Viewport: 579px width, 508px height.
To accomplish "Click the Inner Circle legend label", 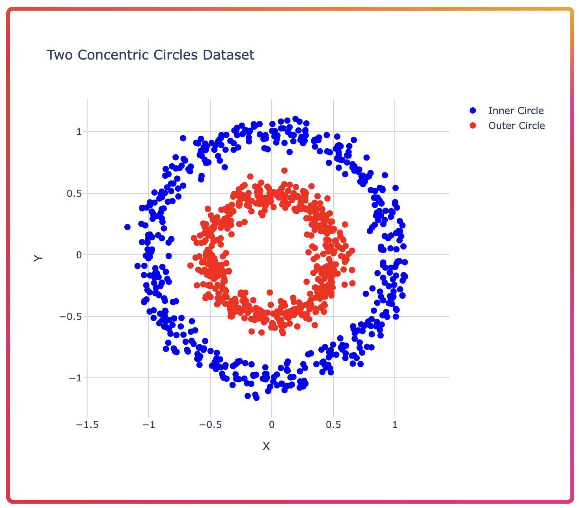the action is (516, 111).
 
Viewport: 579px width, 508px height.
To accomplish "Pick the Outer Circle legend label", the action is (516, 125).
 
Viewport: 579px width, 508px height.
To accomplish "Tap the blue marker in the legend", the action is (473, 111).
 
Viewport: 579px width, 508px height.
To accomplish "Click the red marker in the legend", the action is (473, 125).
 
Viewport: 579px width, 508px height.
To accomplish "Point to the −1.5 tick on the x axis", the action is (87, 425).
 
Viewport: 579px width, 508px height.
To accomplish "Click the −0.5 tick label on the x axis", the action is (210, 425).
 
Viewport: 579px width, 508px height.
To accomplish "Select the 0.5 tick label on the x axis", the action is (333, 425).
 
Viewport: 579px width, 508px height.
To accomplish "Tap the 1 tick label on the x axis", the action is (395, 425).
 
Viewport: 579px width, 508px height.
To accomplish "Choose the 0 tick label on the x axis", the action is (271, 425).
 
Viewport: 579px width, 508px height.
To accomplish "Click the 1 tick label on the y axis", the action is (79, 132).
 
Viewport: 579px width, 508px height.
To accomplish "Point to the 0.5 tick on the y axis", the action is (74, 194).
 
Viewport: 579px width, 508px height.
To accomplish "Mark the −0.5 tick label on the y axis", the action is (71, 316).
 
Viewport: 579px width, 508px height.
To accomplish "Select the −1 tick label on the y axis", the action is (75, 378).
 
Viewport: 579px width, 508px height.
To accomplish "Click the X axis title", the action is (266, 446).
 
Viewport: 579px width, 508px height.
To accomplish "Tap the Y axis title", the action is (38, 258).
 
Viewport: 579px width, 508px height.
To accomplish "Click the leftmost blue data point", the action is (127, 227).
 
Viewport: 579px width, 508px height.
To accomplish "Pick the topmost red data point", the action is (284, 171).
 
